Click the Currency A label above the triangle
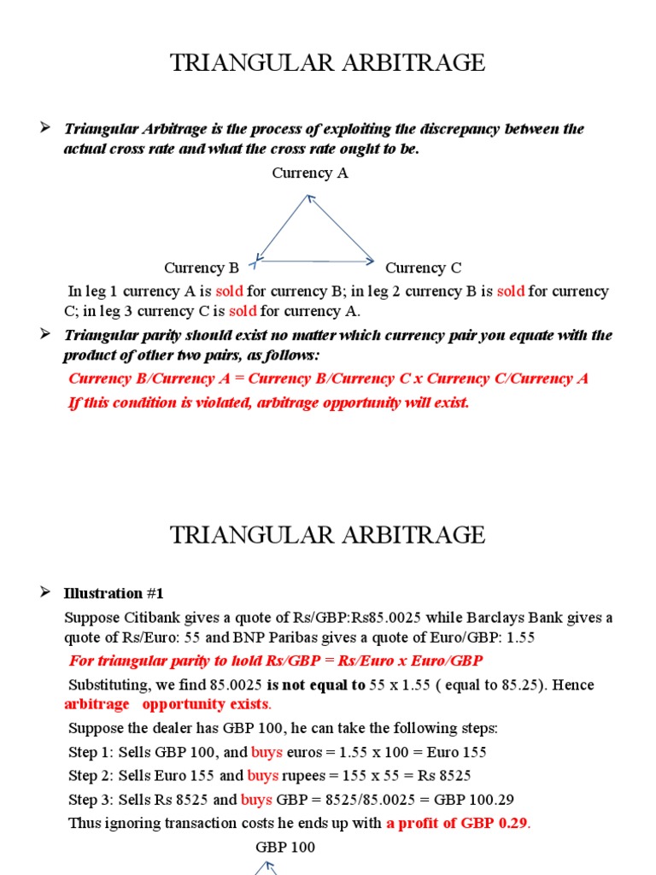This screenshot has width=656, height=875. pos(310,173)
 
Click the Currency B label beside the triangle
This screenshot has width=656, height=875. pos(202,267)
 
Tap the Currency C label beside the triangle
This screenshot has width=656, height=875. pos(424,267)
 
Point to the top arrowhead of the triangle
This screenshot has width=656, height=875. pos(308,198)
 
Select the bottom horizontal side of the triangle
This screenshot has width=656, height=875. pos(315,261)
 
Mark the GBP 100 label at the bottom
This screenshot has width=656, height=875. pos(285,848)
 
